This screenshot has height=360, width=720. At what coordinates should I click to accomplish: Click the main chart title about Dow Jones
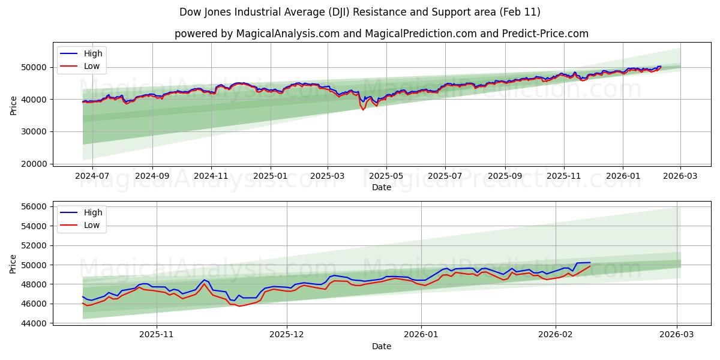coord(360,12)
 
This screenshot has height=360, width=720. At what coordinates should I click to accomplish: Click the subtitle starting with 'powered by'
coord(382,34)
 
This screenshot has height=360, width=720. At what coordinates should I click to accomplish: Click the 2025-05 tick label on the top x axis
coord(386,176)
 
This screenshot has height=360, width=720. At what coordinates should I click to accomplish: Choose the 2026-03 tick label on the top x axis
coord(680,176)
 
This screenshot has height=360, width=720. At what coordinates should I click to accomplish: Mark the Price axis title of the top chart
coord(14,106)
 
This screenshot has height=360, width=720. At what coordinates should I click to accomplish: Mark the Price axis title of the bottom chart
coord(14,264)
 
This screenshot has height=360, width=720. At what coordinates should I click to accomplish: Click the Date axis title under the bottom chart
coord(382,346)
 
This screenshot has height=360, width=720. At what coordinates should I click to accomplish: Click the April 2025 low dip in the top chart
coord(363,109)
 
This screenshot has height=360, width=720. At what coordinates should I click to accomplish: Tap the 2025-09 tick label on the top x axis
coord(505,176)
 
